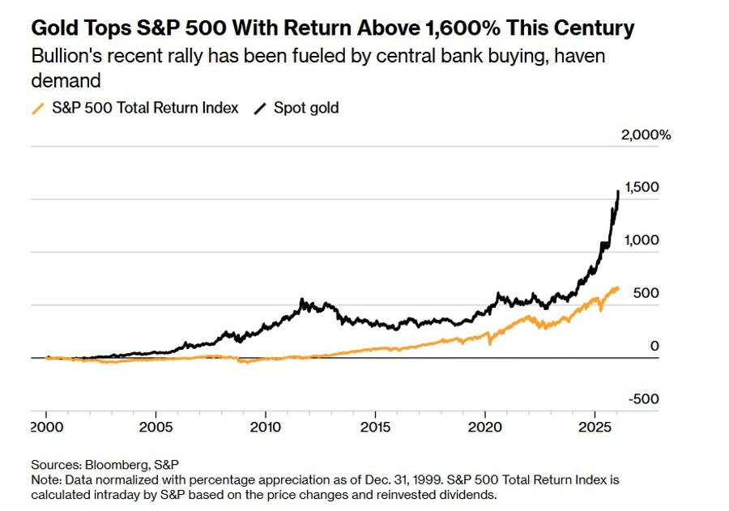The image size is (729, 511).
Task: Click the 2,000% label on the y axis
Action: pyautogui.click(x=646, y=135)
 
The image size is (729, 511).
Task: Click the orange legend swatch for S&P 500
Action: pyautogui.click(x=37, y=108)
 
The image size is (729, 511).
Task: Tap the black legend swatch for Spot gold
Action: pyautogui.click(x=261, y=108)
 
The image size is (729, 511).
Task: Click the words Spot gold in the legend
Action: pyautogui.click(x=307, y=108)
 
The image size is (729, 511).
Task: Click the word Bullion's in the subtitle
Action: pyautogui.click(x=63, y=57)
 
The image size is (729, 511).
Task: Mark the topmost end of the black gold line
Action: pyautogui.click(x=619, y=191)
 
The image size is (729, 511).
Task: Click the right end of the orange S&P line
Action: pyautogui.click(x=620, y=287)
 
